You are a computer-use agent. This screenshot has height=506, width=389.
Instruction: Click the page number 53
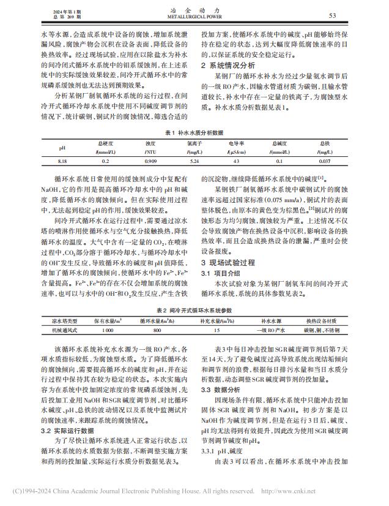coord(350,16)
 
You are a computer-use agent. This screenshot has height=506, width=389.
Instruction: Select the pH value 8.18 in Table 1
coord(62,161)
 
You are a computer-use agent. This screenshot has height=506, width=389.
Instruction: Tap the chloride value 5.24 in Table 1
coord(195,161)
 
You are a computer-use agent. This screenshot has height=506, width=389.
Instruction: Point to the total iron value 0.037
coord(325,161)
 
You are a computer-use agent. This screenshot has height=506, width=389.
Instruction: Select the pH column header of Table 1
coord(62,147)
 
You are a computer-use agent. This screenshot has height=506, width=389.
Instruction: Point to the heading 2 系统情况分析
coord(229,64)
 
